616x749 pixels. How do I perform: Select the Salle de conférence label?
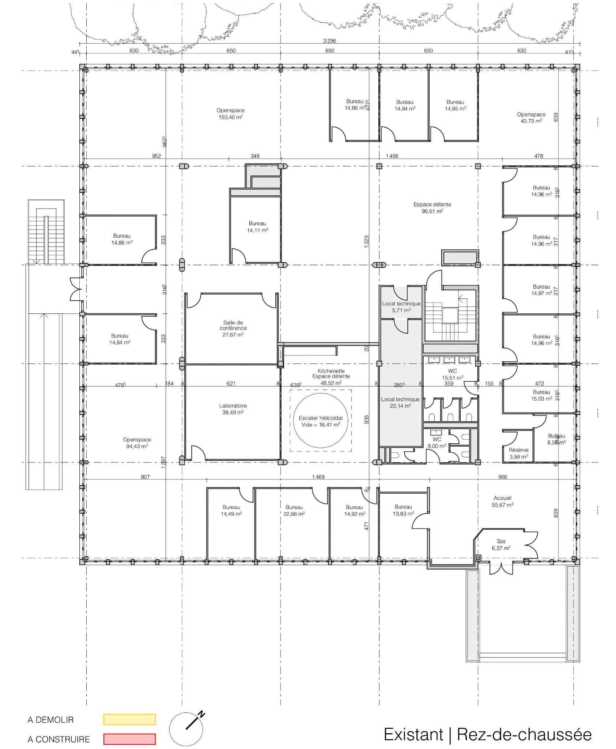[x=233, y=328]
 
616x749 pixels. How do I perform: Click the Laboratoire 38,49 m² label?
[x=233, y=409]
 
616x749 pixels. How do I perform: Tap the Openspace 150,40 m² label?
[x=230, y=114]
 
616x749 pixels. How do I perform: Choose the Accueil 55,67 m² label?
[x=502, y=501]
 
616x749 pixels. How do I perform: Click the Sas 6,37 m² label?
[x=501, y=545]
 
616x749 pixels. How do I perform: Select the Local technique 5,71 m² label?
[x=401, y=306]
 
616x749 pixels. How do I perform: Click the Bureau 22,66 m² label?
[x=294, y=510]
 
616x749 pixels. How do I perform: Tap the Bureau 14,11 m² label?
[x=257, y=227]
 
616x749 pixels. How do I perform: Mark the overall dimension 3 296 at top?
[x=329, y=41]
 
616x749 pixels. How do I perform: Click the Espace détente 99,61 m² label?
[x=432, y=208]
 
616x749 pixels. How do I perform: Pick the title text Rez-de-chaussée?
[x=524, y=734]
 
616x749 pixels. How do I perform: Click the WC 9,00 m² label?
[x=437, y=443]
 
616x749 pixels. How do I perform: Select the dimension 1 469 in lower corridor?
[x=318, y=477]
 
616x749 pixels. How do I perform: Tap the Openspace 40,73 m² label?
[x=531, y=117]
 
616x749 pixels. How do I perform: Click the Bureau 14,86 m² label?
[x=121, y=239]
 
